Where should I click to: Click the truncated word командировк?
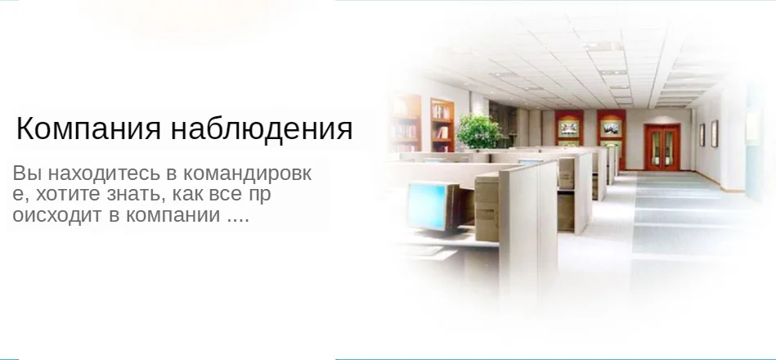[x=247, y=174]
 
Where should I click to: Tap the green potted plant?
[x=478, y=131]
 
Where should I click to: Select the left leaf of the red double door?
[x=655, y=148]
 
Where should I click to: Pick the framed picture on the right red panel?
[x=611, y=128]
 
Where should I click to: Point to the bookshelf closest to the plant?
[x=442, y=126]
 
